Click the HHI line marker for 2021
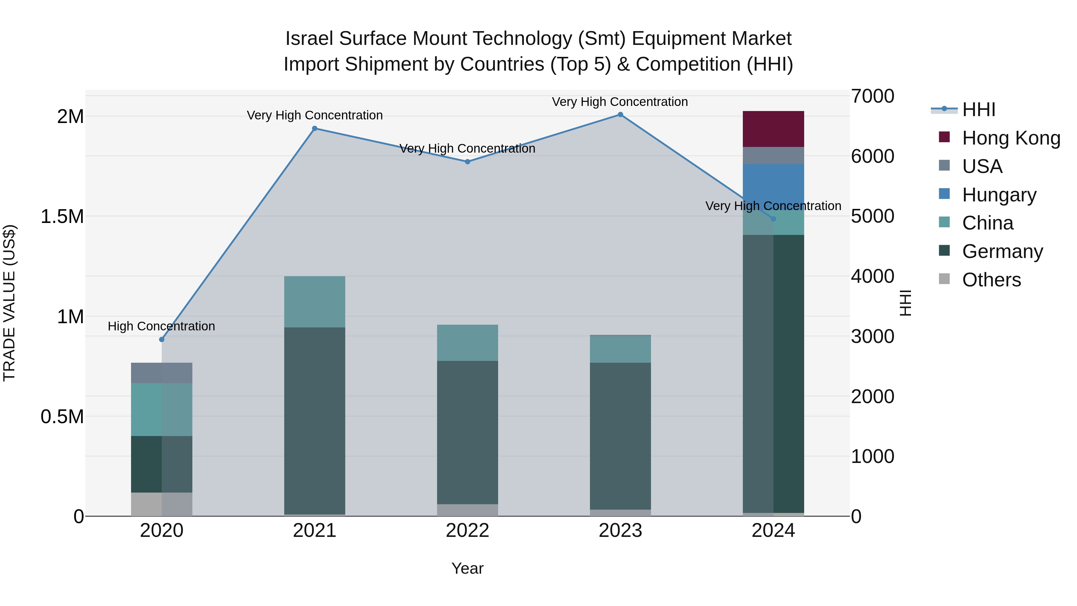coord(315,128)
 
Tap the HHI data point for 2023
coord(620,115)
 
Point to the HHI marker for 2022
coord(467,161)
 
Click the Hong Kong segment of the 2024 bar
coord(773,129)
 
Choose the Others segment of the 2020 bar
coord(162,504)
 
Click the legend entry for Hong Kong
coord(1011,138)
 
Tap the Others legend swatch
coord(944,279)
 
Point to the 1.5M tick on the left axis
coord(62,217)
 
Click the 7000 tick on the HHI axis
coord(873,96)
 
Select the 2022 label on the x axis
coord(467,531)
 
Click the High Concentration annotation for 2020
coord(161,326)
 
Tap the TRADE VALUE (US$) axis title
coord(9,303)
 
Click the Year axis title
coord(467,568)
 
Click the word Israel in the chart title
coord(309,39)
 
